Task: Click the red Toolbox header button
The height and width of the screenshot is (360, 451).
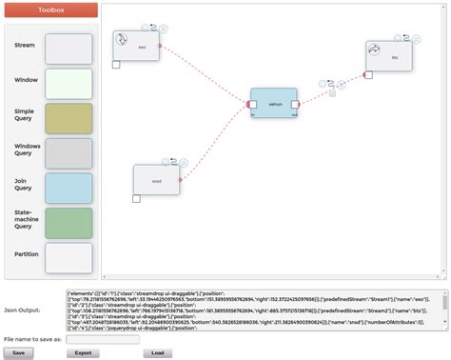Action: pyautogui.click(x=50, y=10)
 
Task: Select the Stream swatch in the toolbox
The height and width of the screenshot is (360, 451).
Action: pyautogui.click(x=69, y=48)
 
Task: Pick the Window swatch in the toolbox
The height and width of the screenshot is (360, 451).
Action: pyautogui.click(x=69, y=84)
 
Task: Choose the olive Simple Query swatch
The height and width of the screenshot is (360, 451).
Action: pyautogui.click(x=69, y=118)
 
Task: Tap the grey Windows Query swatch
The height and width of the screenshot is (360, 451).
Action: pyautogui.click(x=69, y=153)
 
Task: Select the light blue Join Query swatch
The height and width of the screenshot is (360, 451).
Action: pyautogui.click(x=69, y=188)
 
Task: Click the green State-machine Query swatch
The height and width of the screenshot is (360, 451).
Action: pyautogui.click(x=69, y=223)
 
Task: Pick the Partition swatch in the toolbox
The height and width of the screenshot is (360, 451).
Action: pyautogui.click(x=69, y=257)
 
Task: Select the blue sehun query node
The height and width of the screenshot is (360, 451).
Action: pyautogui.click(x=273, y=103)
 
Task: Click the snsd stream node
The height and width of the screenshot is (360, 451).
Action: pyautogui.click(x=156, y=179)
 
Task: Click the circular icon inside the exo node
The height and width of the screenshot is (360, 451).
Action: pyautogui.click(x=122, y=39)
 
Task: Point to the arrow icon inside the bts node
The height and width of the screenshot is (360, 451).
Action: pyautogui.click(x=375, y=49)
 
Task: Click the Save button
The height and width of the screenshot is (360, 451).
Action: pyautogui.click(x=18, y=352)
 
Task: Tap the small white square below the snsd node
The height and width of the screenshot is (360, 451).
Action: pyautogui.click(x=136, y=199)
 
